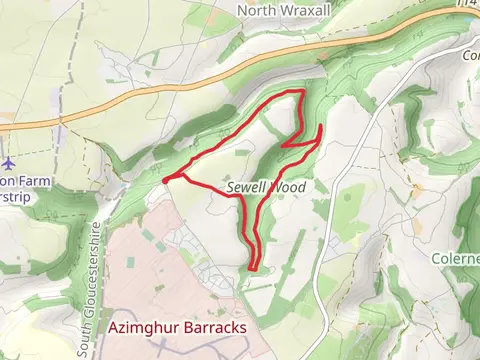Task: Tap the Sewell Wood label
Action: pyautogui.click(x=265, y=187)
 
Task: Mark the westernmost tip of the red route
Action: pyautogui.click(x=163, y=180)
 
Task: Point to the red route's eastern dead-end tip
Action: pyautogui.click(x=321, y=127)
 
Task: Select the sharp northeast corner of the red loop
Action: pyautogui.click(x=301, y=92)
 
